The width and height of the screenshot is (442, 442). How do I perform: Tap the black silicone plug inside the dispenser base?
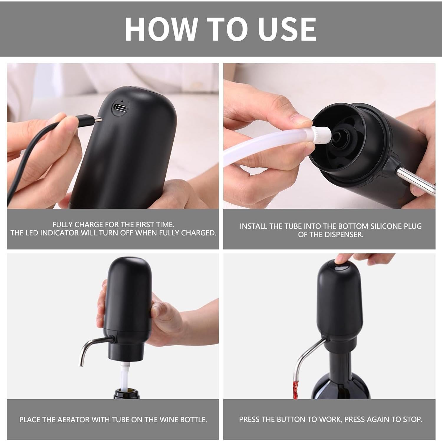tap(339, 136)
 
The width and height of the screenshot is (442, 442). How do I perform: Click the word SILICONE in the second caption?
tap(387, 226)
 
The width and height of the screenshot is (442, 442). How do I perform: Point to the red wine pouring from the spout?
tap(296, 387)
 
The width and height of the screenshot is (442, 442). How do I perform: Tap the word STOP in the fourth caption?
tap(413, 419)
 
